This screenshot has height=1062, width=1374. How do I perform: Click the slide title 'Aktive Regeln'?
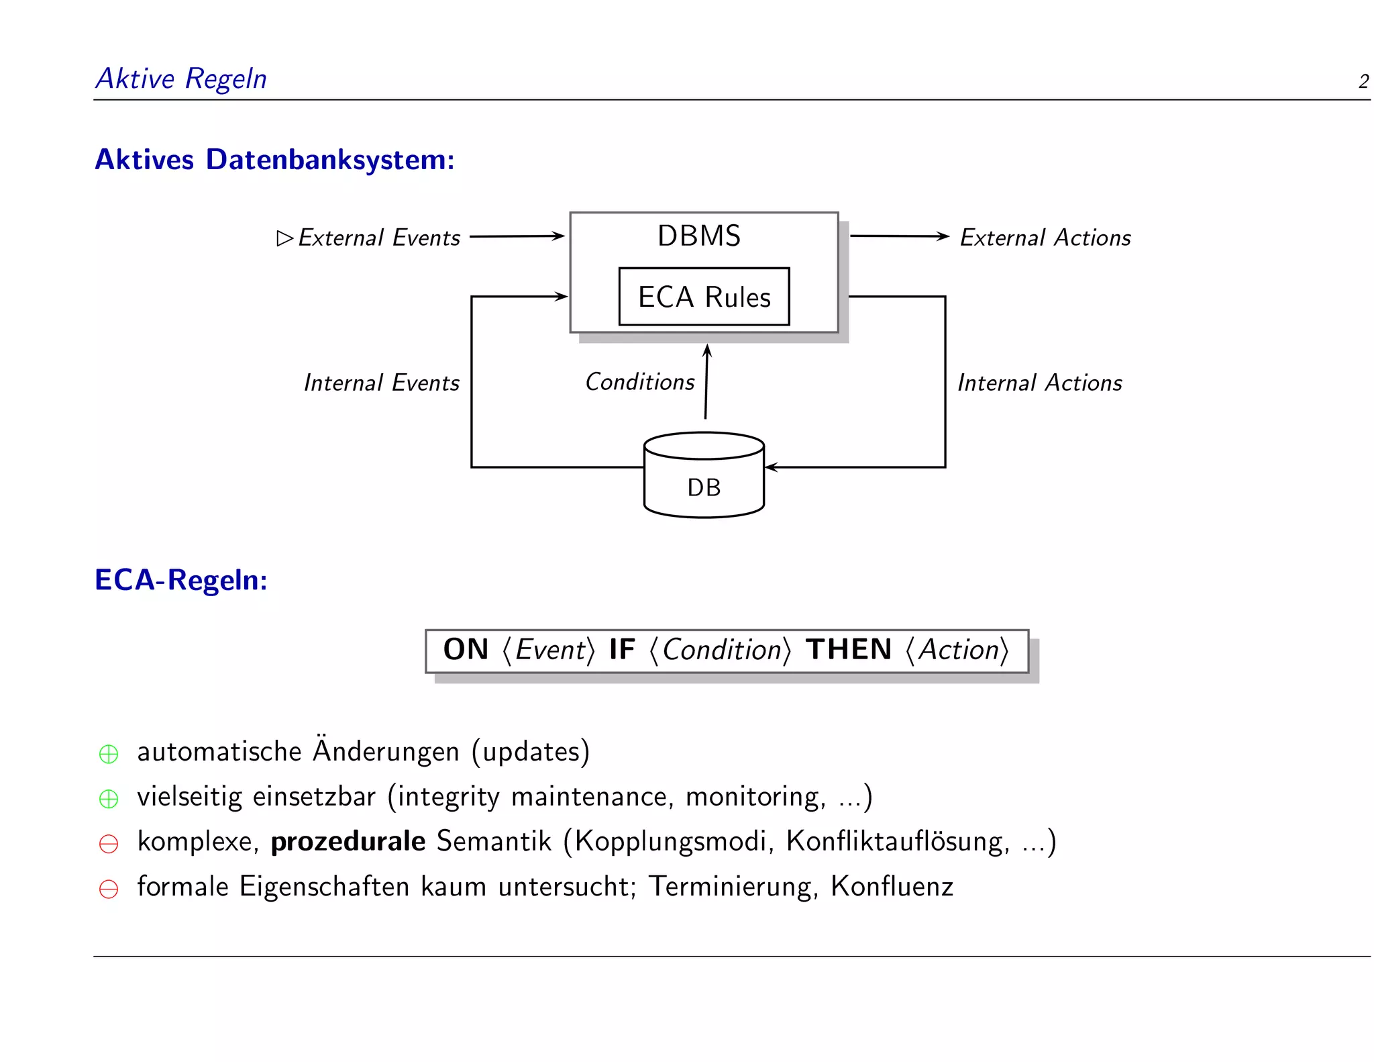pos(181,79)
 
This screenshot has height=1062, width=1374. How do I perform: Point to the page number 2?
pos(1363,82)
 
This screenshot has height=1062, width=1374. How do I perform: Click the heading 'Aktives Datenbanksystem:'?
pos(274,160)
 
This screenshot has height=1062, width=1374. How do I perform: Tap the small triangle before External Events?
pos(284,238)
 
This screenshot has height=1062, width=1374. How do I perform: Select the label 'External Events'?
pos(379,238)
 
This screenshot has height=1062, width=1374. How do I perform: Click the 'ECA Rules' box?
pos(704,297)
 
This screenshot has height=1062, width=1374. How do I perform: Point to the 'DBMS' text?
pos(699,236)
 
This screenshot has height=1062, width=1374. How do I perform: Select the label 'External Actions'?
pos(1045,238)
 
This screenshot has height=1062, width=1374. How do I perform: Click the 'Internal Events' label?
pos(381,383)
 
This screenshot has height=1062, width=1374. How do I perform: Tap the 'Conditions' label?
pos(639,382)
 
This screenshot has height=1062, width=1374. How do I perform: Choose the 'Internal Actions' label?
pos(1039,383)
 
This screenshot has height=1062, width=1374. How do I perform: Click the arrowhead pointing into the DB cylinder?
pos(771,467)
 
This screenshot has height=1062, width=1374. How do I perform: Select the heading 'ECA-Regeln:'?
pos(181,580)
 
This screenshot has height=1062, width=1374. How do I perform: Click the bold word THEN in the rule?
pos(848,650)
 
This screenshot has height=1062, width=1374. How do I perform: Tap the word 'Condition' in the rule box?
pos(722,650)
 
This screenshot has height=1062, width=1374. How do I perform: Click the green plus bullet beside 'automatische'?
pos(109,754)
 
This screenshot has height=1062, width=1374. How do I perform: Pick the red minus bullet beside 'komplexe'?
pos(109,844)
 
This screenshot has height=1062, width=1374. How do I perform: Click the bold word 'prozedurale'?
pos(348,842)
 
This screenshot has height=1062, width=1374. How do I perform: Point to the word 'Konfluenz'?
pos(892,886)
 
